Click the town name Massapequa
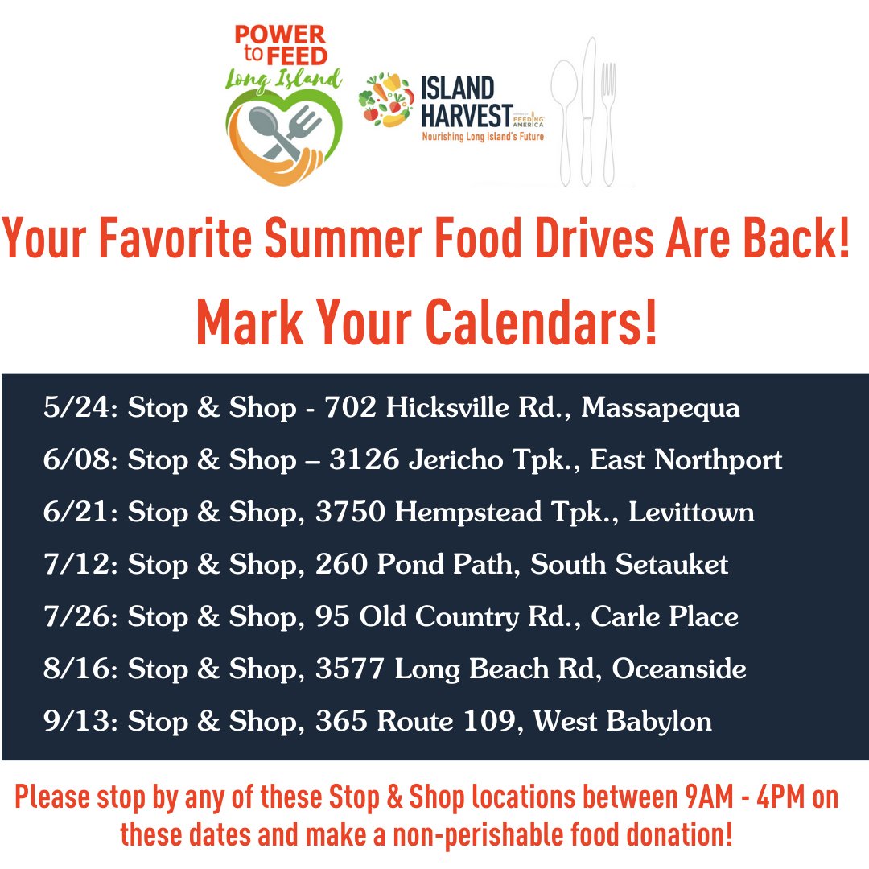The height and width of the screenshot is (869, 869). point(660,409)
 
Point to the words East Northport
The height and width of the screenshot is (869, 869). point(686,460)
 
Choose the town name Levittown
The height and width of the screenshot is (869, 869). point(691,513)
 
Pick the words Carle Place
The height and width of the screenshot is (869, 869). point(665,617)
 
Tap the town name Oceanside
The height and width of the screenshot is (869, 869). point(679,669)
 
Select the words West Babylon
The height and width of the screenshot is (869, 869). point(623,721)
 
